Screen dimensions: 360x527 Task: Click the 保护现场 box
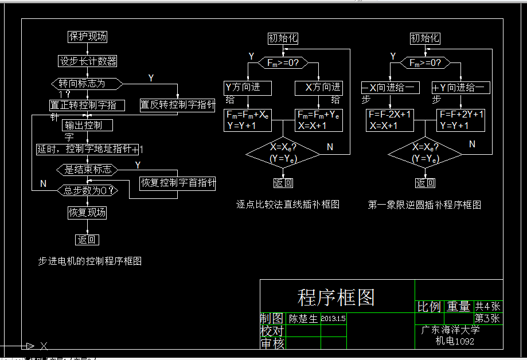(87, 37)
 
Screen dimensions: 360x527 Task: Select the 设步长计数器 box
(88, 61)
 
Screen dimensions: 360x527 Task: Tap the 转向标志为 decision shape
(87, 84)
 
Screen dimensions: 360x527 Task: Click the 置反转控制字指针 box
(178, 105)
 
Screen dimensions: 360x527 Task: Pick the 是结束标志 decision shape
(88, 170)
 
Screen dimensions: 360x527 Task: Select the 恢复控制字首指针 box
(178, 183)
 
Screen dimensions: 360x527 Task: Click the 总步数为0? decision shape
(87, 190)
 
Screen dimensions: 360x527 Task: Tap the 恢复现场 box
(87, 213)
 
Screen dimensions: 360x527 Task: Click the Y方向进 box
(247, 88)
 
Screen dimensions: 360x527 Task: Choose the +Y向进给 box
(460, 88)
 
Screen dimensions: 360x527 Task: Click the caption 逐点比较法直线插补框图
(288, 204)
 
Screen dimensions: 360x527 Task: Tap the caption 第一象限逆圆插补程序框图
(424, 205)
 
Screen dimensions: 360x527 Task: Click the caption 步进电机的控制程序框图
(90, 261)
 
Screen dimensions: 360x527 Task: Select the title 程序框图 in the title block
(336, 297)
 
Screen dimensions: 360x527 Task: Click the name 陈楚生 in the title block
(303, 319)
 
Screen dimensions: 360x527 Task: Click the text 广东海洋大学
(451, 330)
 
